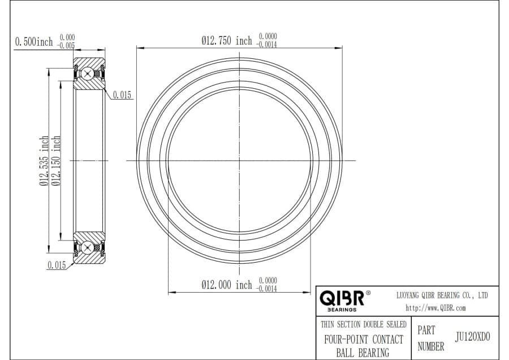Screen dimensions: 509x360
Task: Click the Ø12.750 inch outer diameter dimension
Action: [227, 41]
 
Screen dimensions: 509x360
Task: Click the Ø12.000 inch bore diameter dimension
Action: [227, 285]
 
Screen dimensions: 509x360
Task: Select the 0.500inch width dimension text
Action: [34, 41]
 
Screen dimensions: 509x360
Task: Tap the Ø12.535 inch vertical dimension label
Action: [44, 161]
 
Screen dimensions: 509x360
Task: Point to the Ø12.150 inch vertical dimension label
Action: [56, 161]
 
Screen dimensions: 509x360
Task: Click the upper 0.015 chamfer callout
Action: [122, 95]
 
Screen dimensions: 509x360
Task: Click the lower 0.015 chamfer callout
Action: [57, 265]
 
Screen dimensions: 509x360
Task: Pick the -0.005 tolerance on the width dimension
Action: [66, 45]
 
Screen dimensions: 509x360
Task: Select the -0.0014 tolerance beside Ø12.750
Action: [266, 45]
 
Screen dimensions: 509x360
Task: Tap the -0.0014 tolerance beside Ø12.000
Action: [266, 289]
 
